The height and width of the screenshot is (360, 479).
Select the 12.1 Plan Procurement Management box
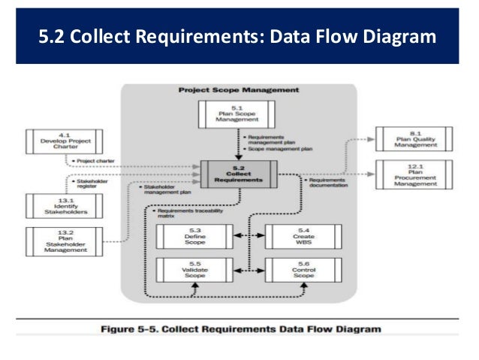(x=414, y=175)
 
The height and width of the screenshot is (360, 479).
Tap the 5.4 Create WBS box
(x=303, y=236)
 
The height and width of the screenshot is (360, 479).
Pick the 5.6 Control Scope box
(x=303, y=270)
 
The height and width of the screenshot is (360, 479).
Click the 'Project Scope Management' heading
(x=239, y=90)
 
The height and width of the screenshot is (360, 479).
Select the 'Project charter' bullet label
(x=96, y=160)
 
